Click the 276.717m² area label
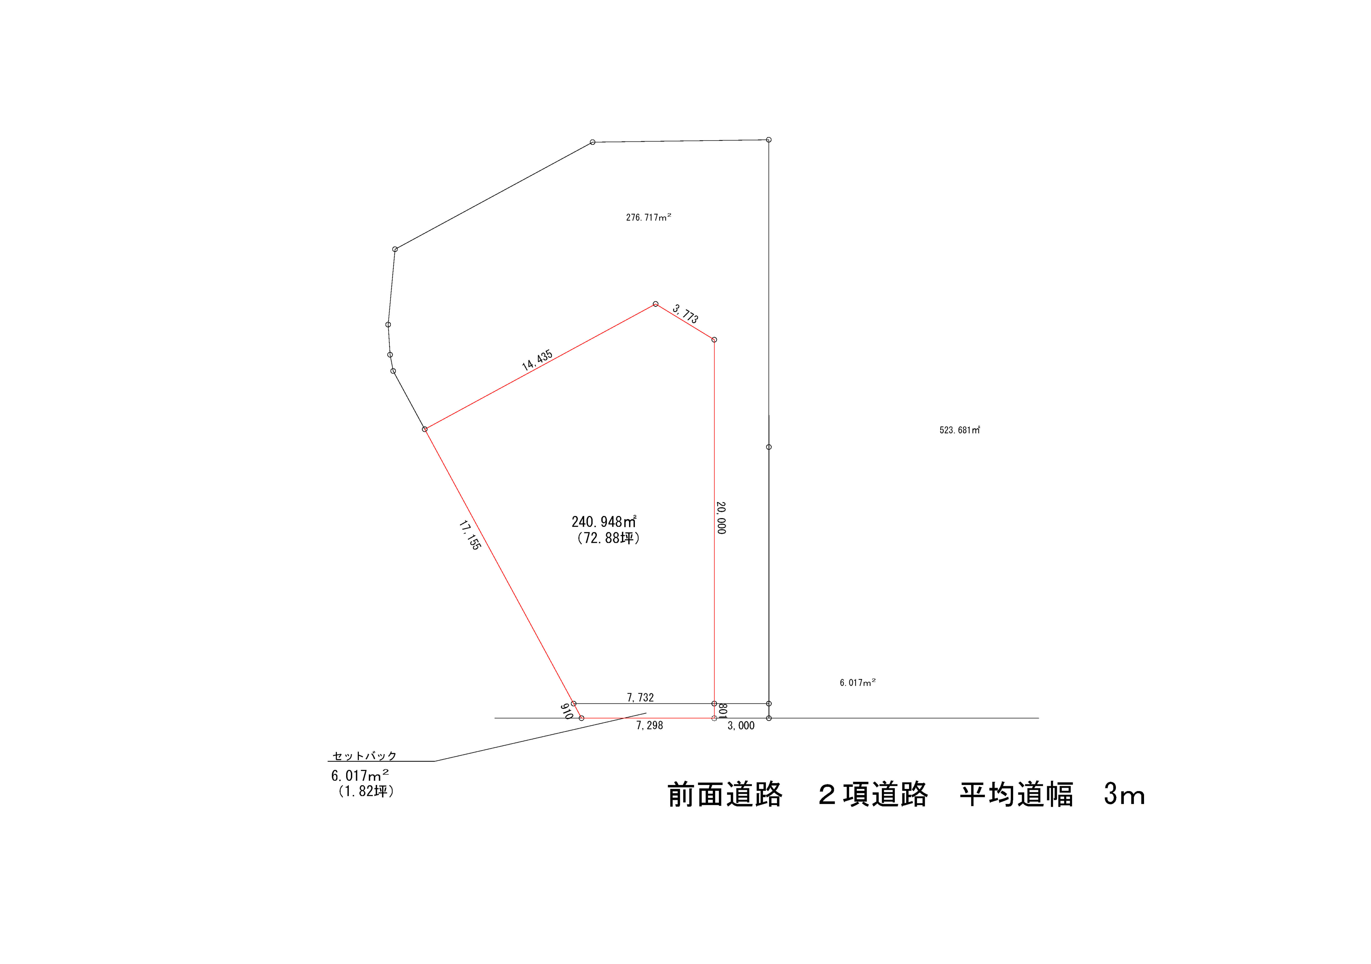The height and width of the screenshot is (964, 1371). pos(648,217)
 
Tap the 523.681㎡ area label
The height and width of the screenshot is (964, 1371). pos(960,430)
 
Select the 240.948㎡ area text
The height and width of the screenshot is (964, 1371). pos(604,522)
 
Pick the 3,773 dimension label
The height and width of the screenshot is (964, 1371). pos(685,313)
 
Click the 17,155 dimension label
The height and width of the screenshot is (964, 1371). pos(470,535)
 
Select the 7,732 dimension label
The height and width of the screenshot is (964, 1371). pos(640,698)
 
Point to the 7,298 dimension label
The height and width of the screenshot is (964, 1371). pos(650,726)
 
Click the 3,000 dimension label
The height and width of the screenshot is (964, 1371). pos(741,726)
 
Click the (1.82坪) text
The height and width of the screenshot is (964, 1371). pos(366,792)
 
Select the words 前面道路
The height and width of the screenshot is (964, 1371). pos(725,795)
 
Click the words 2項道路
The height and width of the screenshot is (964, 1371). pos(873,795)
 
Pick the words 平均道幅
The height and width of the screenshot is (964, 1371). pos(1017,795)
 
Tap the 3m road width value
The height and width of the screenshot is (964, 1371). pos(1124,795)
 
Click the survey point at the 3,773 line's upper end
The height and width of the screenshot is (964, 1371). pos(656,304)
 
